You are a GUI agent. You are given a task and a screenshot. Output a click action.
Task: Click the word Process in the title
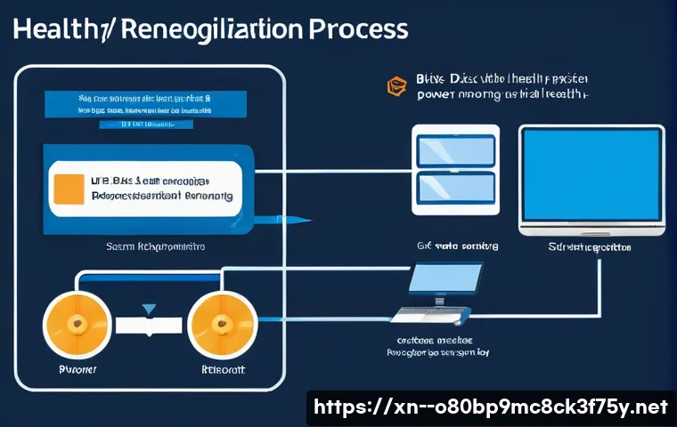(x=357, y=29)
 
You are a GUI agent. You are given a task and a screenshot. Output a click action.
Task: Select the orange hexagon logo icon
(x=394, y=86)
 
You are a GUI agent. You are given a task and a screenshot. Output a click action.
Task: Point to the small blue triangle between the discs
(x=149, y=309)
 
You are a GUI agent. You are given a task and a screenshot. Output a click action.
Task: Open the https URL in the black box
(x=491, y=407)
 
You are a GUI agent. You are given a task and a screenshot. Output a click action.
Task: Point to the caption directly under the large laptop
(x=592, y=245)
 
